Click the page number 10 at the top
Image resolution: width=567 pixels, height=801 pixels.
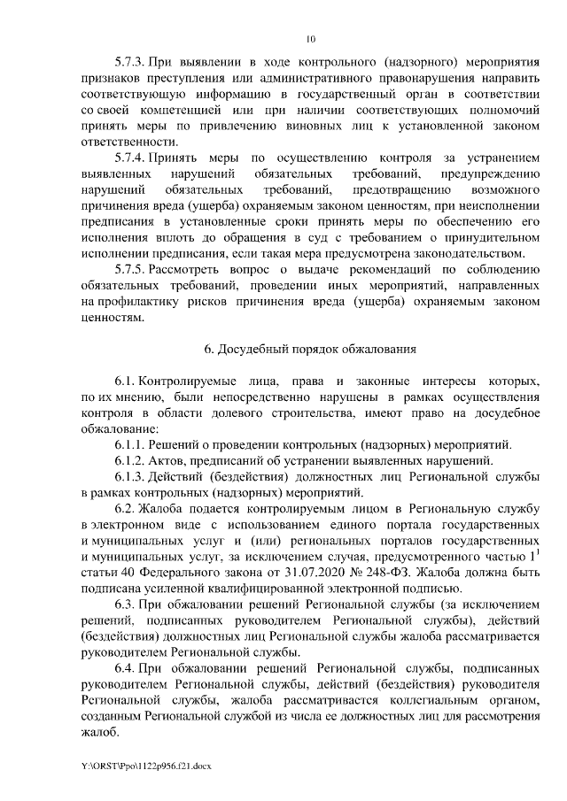310,39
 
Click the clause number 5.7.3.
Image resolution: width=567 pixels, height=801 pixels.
131,63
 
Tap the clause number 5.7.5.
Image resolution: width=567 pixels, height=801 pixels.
131,270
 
